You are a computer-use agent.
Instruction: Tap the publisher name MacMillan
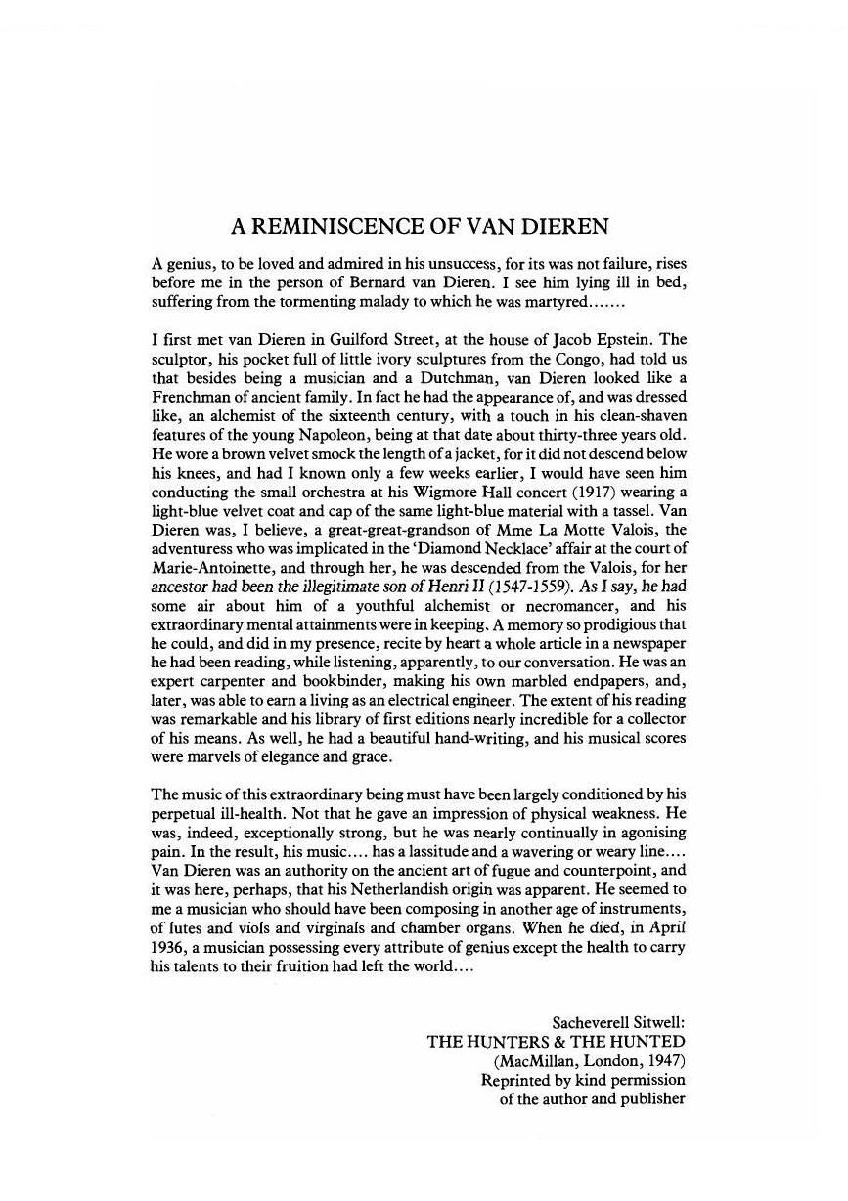coord(540,1061)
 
